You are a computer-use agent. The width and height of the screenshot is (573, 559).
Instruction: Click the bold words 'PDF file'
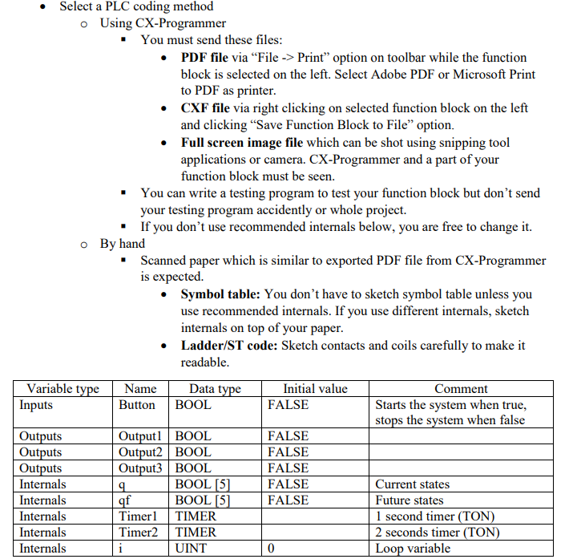tap(204, 58)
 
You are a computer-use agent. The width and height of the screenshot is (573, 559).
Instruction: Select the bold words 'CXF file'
tap(205, 108)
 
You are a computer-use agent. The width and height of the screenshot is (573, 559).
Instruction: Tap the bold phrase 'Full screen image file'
tap(242, 143)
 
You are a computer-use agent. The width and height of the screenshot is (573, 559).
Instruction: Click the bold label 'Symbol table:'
tap(221, 294)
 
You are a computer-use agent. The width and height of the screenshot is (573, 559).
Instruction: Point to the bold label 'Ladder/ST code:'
tap(230, 346)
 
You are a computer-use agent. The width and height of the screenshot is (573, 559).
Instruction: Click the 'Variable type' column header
tap(63, 389)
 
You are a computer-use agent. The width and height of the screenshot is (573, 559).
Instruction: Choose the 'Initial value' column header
tap(315, 389)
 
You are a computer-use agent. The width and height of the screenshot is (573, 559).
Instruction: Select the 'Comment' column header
tap(461, 389)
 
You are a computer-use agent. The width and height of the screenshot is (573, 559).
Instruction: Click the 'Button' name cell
tap(137, 405)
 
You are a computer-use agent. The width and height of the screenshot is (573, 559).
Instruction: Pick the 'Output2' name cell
tap(141, 452)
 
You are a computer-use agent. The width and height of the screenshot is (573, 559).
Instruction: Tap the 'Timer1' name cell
tap(138, 516)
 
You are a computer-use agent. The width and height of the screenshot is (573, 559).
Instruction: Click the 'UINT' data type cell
tap(192, 549)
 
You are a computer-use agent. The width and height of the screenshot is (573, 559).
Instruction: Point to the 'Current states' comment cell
tap(412, 484)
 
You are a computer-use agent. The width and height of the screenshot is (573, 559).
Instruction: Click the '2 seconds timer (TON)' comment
tap(437, 533)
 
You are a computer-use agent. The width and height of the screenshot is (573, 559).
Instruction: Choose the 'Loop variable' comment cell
tap(413, 549)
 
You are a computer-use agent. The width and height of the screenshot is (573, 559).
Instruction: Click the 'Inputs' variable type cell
tap(36, 405)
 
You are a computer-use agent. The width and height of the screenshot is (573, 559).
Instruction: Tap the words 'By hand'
tap(123, 243)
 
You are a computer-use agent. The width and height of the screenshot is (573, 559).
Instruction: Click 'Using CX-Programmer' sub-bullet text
tap(163, 23)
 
